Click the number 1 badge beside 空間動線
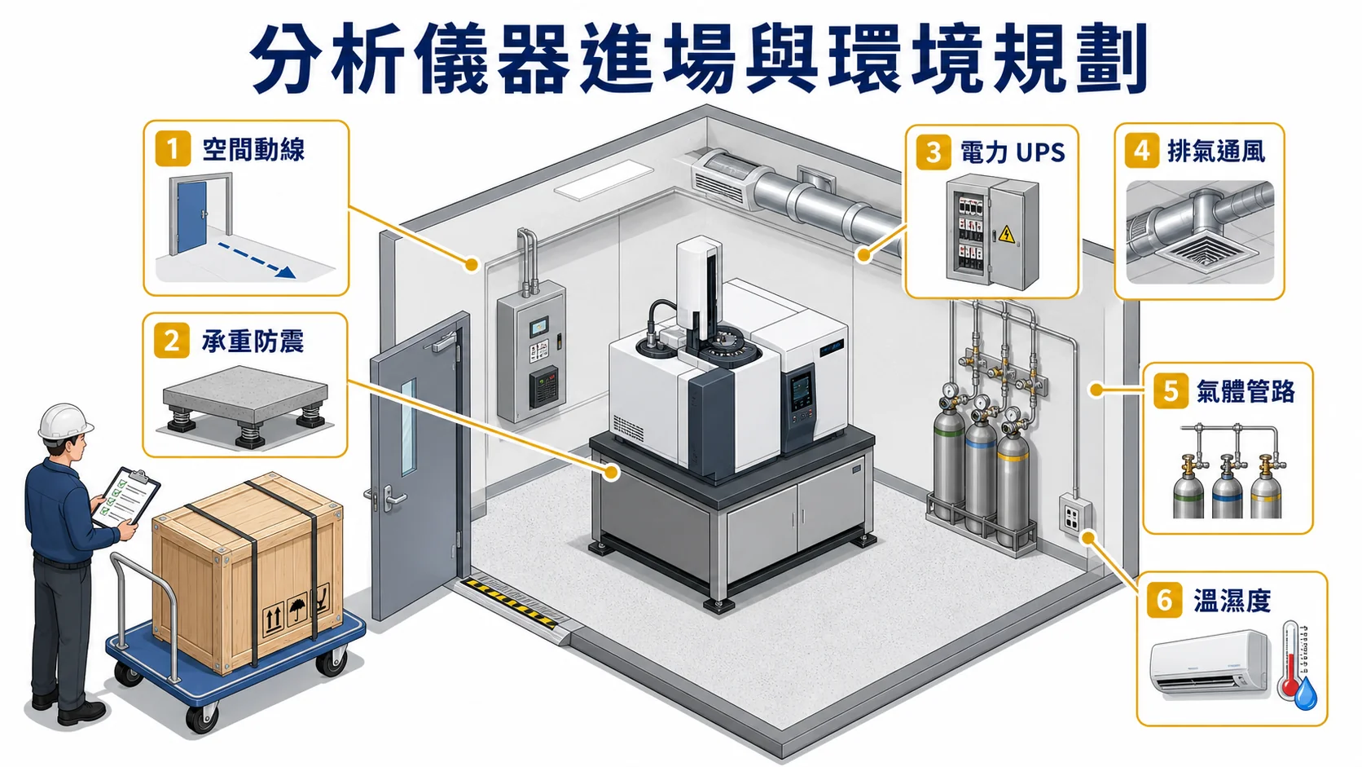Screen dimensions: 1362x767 [x=173, y=149]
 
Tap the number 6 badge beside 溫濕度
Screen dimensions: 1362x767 [x=1164, y=601]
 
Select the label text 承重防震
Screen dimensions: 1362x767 [x=253, y=342]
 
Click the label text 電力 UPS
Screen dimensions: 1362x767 [x=1013, y=152]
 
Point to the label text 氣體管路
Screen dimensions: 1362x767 [x=1246, y=391]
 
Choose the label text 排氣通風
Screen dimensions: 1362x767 [x=1216, y=152]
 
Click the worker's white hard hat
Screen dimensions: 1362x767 [x=64, y=421]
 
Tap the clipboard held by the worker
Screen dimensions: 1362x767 [x=126, y=497]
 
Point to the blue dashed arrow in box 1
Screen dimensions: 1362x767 [x=257, y=261]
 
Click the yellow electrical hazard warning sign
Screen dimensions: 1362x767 [x=1007, y=233]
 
